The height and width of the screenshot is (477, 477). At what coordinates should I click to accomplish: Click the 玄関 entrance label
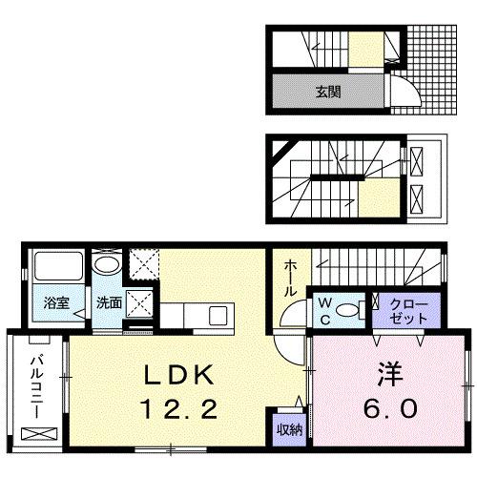point(328,93)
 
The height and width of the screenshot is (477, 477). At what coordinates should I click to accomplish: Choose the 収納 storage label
point(289,429)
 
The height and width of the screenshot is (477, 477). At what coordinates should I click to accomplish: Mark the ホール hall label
point(289,278)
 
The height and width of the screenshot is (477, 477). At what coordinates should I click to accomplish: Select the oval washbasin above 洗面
point(107,264)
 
